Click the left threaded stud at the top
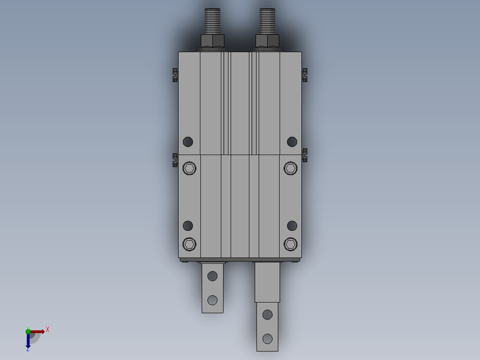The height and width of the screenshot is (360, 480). tap(212, 21)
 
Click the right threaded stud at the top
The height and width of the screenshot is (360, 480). tap(267, 21)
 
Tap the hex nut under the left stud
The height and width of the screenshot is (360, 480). tap(212, 41)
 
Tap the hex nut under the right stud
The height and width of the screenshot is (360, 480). tap(267, 41)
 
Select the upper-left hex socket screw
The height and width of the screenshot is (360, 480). tap(189, 168)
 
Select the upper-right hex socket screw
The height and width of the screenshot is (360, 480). tap(290, 168)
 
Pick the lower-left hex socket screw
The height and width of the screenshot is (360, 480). tap(189, 244)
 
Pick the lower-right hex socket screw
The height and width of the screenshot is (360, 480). tap(290, 244)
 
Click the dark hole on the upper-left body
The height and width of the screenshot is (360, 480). tap(188, 142)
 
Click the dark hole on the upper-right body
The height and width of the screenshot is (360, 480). tap(292, 142)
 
